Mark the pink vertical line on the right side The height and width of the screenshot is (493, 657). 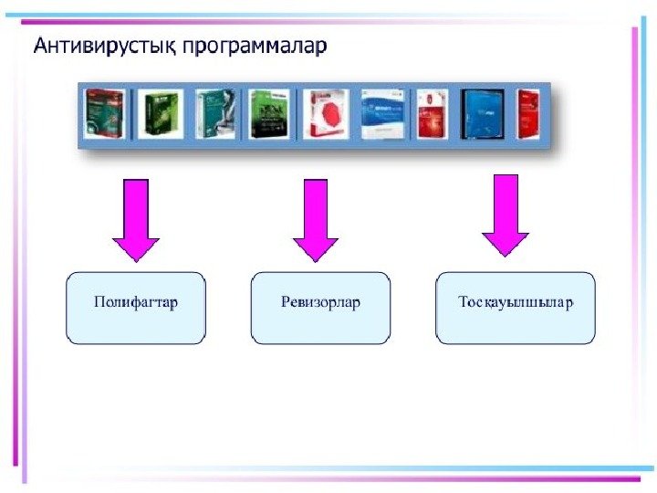pyautogui.click(x=632, y=228)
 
